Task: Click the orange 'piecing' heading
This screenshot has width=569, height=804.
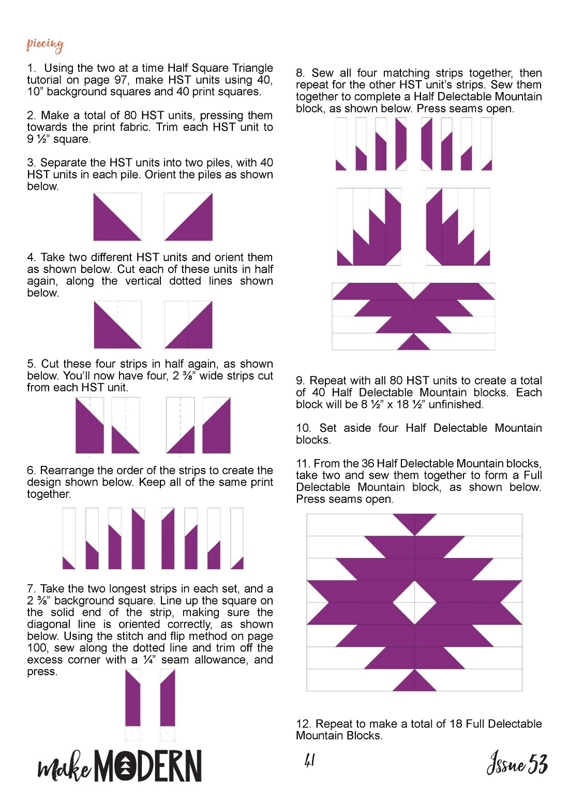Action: click(x=45, y=45)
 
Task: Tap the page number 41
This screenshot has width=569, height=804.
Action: click(x=309, y=760)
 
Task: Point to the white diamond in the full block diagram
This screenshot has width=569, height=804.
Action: click(x=414, y=602)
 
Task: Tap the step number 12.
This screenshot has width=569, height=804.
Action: click(x=303, y=724)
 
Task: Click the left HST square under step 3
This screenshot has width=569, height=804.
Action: click(x=117, y=217)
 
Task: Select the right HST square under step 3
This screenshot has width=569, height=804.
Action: click(x=188, y=217)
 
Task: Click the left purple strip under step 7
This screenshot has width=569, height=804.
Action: click(x=133, y=698)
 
